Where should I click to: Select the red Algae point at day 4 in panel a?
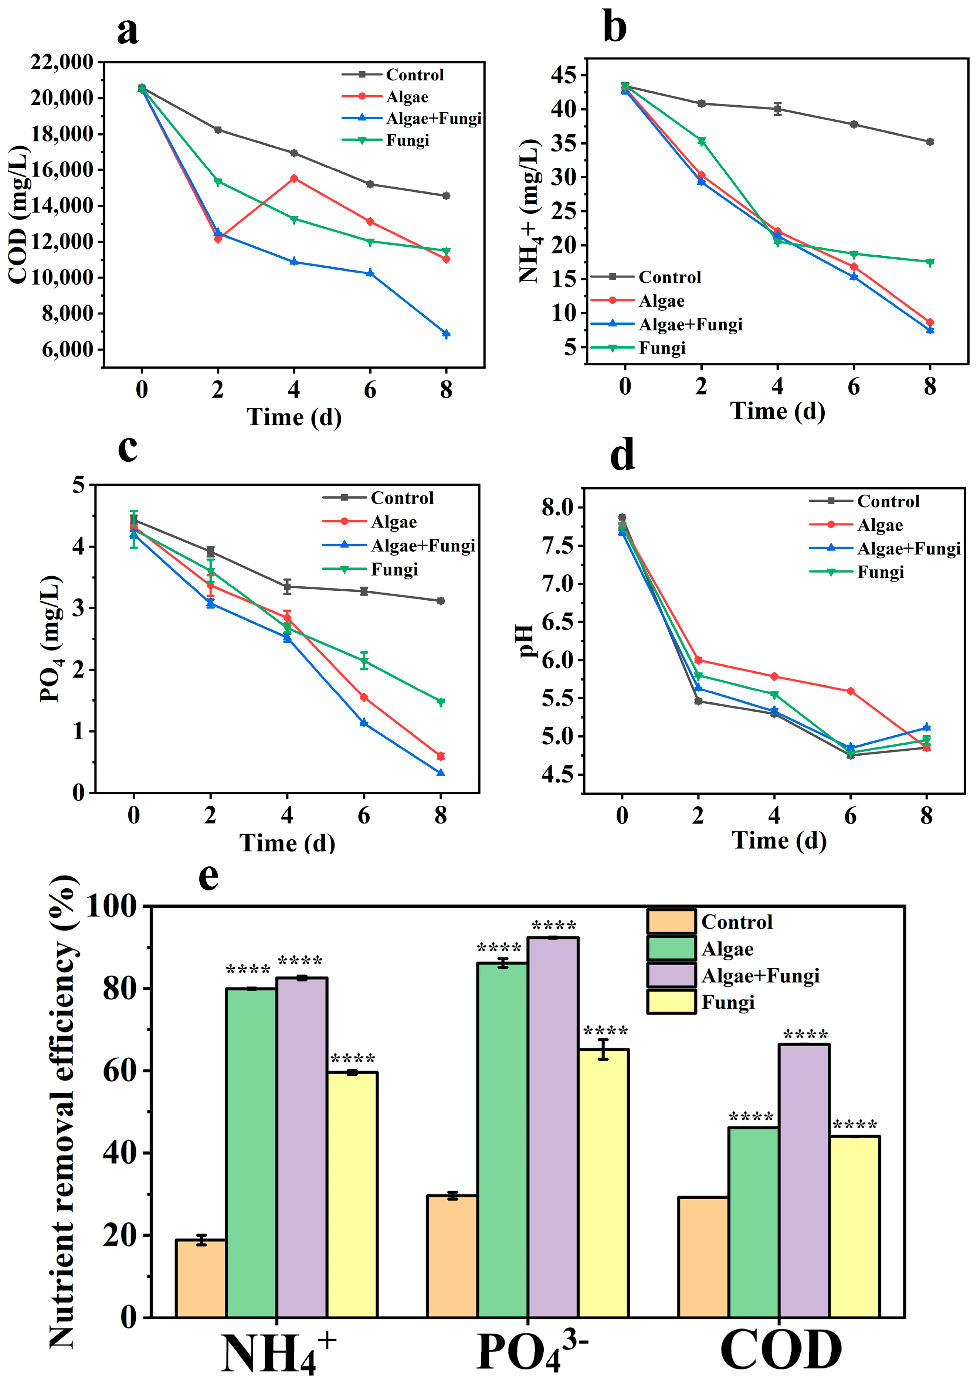pyautogui.click(x=294, y=178)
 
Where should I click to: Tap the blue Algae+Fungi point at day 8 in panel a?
pyautogui.click(x=446, y=334)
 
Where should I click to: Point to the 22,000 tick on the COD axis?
pyautogui.click(x=62, y=62)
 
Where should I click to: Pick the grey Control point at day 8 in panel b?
pyautogui.click(x=930, y=142)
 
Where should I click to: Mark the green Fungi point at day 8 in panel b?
pyautogui.click(x=930, y=262)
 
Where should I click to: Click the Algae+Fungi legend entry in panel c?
pyautogui.click(x=423, y=546)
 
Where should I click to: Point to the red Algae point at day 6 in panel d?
pyautogui.click(x=850, y=691)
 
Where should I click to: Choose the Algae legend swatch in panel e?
pyautogui.click(x=671, y=949)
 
